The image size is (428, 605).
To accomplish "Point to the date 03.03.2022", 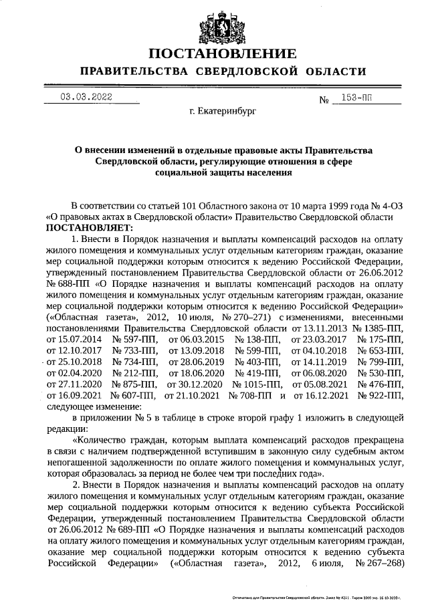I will [86, 97].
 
